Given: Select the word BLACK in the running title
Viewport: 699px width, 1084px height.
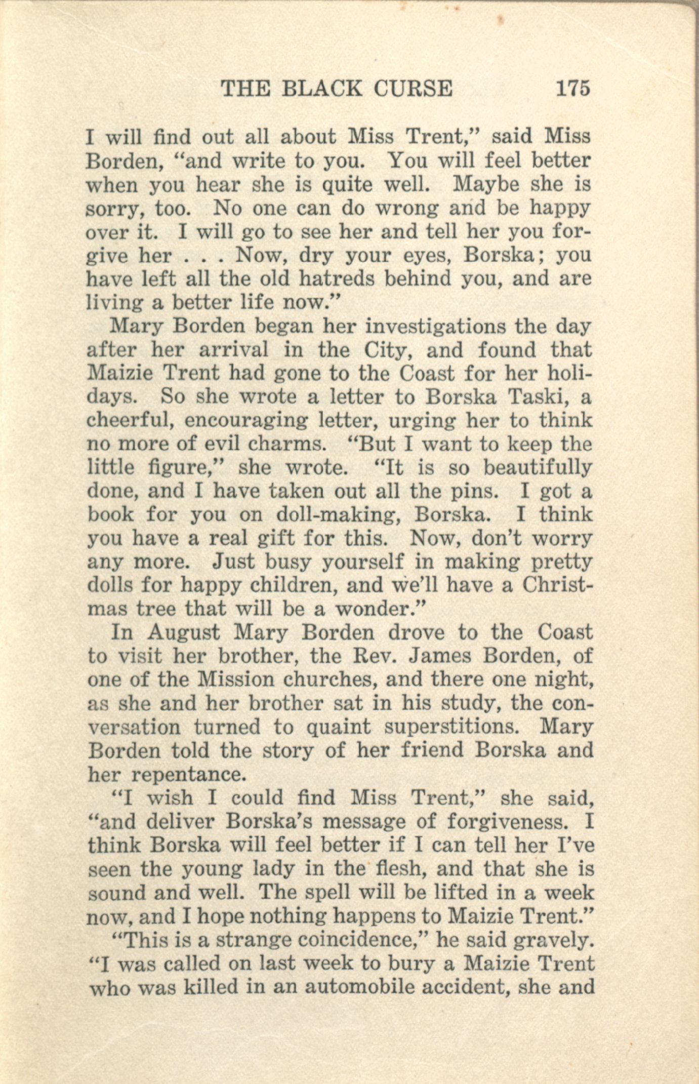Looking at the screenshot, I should [321, 89].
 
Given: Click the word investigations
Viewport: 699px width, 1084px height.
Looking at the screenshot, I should [435, 327].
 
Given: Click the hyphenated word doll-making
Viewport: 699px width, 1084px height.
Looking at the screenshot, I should [338, 515].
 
